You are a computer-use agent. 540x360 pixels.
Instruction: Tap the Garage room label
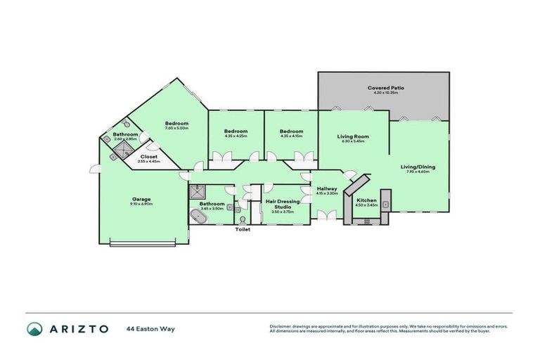tap(141, 199)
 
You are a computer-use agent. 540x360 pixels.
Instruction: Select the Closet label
tap(149, 157)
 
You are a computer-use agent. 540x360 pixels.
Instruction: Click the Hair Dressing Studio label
tap(283, 204)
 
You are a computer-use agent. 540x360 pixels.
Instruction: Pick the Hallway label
tap(327, 188)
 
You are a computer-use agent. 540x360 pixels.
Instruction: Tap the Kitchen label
tap(366, 200)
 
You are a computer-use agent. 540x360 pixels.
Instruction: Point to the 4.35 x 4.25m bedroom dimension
tap(236, 136)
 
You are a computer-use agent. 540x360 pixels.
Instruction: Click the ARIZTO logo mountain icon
tap(34, 328)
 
